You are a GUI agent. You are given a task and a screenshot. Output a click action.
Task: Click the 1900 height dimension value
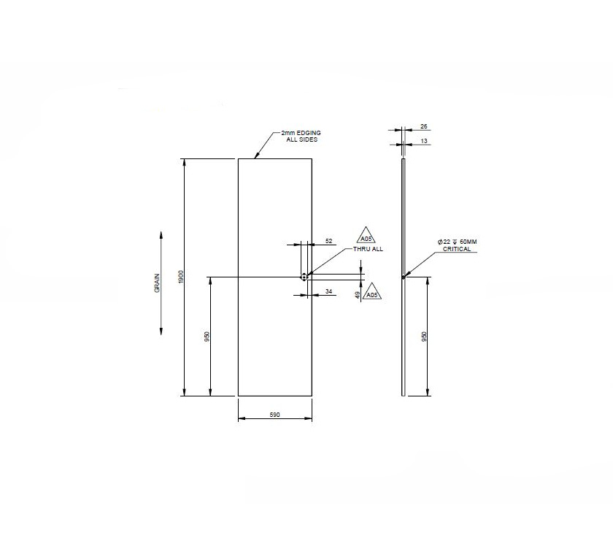pos(181,277)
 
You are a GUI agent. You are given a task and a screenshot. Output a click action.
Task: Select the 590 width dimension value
pos(275,415)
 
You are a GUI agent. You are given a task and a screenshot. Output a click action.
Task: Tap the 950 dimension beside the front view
pos(207,337)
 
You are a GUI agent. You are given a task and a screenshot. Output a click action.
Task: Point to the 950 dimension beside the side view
pos(425,336)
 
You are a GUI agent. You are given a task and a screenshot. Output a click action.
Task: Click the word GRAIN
pos(157,283)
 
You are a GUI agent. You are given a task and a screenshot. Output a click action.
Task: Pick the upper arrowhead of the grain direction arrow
pos(161,235)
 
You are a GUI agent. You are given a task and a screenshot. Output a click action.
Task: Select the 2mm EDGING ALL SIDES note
pos(301,136)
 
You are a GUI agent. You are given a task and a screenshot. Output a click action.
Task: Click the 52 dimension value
pos(328,240)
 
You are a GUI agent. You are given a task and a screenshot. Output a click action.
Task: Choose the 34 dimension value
pos(329,291)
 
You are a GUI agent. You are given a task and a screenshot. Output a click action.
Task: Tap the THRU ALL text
pos(368,249)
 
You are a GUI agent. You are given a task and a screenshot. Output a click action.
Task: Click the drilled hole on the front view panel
pos(304,277)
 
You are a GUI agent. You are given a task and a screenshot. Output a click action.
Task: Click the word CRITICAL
pos(456,249)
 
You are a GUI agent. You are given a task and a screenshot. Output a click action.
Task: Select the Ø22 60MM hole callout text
pos(458,241)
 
